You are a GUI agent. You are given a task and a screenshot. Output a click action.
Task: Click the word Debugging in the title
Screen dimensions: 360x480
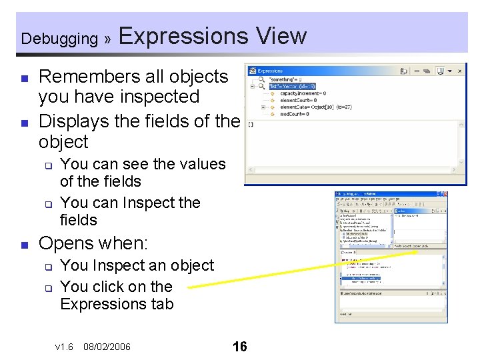tap(59, 39)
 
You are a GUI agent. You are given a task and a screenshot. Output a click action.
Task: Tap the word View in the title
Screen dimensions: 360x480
tap(281, 35)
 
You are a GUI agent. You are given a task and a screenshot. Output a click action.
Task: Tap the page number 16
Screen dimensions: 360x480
tap(239, 346)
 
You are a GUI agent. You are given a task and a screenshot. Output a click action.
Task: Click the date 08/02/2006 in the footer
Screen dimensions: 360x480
tap(107, 347)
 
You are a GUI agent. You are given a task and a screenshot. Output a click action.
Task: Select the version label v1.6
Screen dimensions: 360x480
tap(64, 347)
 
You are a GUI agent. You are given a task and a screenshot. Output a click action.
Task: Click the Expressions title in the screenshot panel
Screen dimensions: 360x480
tap(269, 71)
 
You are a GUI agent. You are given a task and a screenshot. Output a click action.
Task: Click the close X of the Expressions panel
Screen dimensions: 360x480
tap(459, 70)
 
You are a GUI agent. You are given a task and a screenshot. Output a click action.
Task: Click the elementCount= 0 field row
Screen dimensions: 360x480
tap(298, 100)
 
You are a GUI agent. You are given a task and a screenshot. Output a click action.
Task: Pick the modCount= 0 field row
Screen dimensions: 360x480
tap(295, 113)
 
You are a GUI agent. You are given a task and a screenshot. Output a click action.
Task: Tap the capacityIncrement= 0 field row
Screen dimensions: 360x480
tap(303, 93)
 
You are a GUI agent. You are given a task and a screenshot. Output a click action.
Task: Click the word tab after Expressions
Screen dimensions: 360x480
tap(161, 304)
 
